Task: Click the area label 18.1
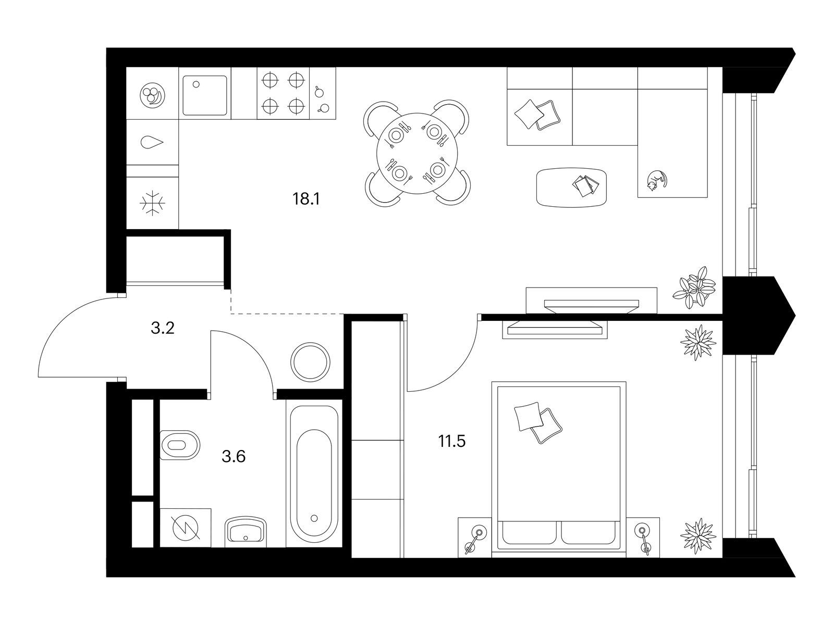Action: tap(306, 199)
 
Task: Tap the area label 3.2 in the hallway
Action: tap(162, 328)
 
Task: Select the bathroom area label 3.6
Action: tap(234, 457)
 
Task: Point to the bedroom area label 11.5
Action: tap(452, 441)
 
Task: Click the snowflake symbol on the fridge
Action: tap(152, 203)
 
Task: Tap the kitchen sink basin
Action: tap(205, 95)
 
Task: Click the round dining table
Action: tap(417, 153)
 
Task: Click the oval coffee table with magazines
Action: tap(571, 187)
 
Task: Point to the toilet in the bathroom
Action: tap(180, 445)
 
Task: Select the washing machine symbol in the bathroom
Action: tap(186, 527)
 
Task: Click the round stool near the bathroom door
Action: tap(310, 362)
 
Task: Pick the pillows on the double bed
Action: tap(537, 422)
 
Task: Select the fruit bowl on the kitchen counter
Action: tap(152, 94)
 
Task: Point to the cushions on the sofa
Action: tap(537, 115)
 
